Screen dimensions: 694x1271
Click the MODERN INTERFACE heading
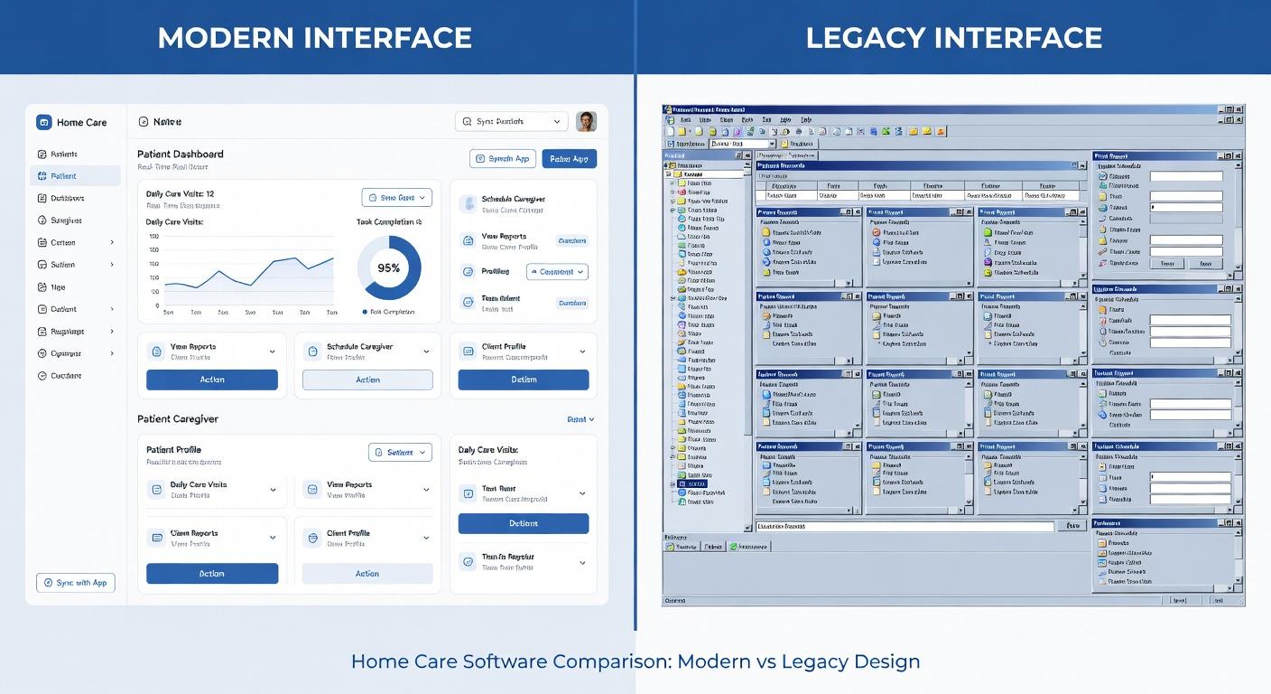(x=314, y=38)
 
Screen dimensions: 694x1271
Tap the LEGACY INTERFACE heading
(x=953, y=38)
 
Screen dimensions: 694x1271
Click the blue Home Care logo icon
(x=44, y=122)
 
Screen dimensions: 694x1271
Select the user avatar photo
(x=586, y=121)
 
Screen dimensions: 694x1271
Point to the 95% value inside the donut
(x=388, y=267)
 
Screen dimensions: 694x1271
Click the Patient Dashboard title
(x=181, y=154)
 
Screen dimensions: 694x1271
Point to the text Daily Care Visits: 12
(x=180, y=194)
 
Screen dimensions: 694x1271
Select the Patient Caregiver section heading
(x=178, y=419)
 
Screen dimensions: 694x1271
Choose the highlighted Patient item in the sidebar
(x=75, y=176)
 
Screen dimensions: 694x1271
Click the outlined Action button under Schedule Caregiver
(x=367, y=380)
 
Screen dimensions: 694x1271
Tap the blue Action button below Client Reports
(x=212, y=574)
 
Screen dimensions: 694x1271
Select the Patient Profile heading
(x=173, y=450)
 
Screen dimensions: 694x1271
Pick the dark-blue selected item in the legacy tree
(x=695, y=483)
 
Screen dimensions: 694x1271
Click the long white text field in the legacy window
(x=905, y=526)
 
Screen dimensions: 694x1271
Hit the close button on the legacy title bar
(x=1239, y=109)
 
